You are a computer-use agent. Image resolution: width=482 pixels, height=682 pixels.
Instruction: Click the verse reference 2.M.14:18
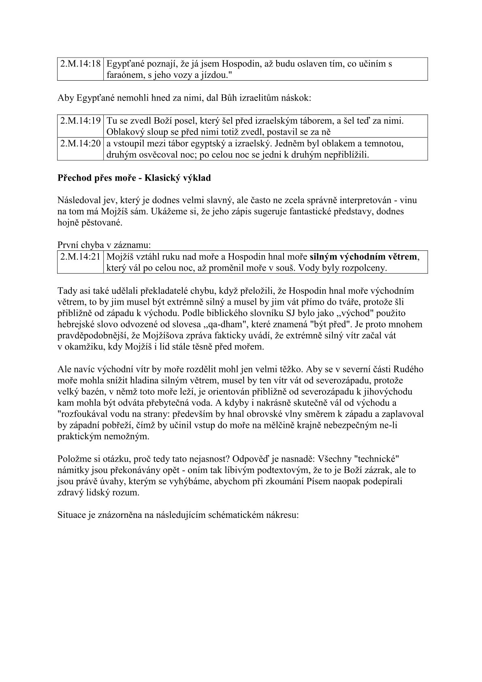80,64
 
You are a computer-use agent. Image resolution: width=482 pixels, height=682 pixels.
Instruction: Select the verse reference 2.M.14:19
80,121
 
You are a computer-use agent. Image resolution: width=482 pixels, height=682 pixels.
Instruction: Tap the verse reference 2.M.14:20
80,143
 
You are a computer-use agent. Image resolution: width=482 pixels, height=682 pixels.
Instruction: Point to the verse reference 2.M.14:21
80,257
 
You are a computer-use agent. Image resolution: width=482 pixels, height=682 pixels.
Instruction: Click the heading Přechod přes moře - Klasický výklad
134,178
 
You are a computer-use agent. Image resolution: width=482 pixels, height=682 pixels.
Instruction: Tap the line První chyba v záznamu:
104,245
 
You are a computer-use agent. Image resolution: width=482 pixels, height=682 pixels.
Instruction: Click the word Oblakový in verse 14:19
124,132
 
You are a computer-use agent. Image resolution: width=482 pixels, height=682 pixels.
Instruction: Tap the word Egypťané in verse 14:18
124,64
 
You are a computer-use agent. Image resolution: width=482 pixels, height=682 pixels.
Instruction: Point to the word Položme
73,459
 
